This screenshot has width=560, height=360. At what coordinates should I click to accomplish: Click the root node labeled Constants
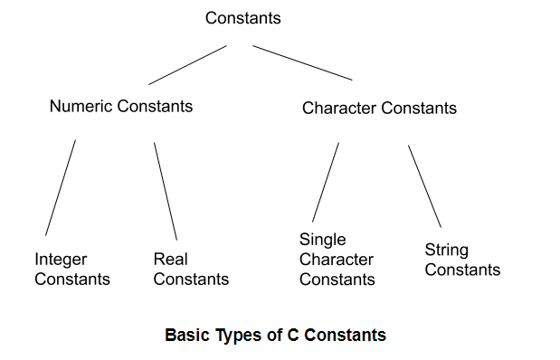pos(243,18)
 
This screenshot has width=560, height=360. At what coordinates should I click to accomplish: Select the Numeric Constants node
pos(121,106)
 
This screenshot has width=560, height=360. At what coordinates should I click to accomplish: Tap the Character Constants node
pos(379,109)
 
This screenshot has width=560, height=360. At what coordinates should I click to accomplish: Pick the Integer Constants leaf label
pos(72,269)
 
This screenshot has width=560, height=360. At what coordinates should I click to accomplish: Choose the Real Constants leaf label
pos(191,269)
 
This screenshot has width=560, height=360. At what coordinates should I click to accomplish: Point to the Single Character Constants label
pos(337,260)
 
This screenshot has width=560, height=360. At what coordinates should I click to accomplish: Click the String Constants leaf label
pos(462,260)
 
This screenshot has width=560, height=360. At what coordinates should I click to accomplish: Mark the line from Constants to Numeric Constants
pos(187,64)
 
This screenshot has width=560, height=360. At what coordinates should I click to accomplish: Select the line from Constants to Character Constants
pos(302,62)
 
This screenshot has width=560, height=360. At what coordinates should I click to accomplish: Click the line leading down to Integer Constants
pos(61,187)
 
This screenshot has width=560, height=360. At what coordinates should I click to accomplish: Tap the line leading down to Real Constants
pos(166,190)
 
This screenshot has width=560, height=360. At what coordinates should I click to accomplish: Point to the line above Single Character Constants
pos(326,181)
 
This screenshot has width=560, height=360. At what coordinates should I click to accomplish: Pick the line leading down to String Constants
pos(424,185)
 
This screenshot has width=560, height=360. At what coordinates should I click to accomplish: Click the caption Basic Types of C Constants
pos(275,336)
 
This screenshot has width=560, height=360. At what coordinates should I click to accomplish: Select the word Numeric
pos(80,106)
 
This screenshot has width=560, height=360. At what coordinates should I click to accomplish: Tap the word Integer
pos(61,260)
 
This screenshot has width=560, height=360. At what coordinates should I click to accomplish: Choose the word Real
pos(170,260)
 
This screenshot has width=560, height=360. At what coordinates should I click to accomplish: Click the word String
pos(447,250)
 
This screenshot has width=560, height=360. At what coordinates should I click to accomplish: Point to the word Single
pos(322,240)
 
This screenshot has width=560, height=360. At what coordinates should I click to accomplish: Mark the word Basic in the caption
pos(186,336)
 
